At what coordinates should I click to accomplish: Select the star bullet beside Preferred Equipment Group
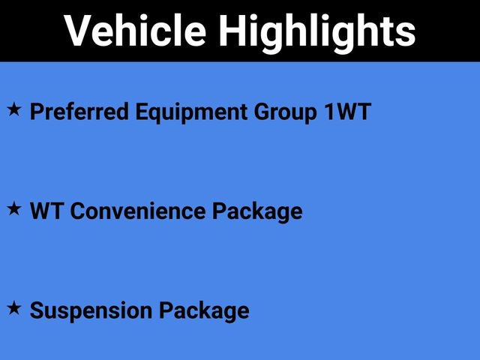(x=14, y=111)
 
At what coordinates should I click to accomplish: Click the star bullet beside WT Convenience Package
(x=14, y=210)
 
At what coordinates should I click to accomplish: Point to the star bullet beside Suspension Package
(x=14, y=308)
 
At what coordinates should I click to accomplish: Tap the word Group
(x=283, y=112)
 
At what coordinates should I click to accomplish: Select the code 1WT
(x=346, y=112)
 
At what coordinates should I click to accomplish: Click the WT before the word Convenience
(x=43, y=211)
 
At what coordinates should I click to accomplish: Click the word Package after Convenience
(x=256, y=211)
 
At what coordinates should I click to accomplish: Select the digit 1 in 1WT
(x=327, y=112)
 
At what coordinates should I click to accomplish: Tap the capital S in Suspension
(x=37, y=310)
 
